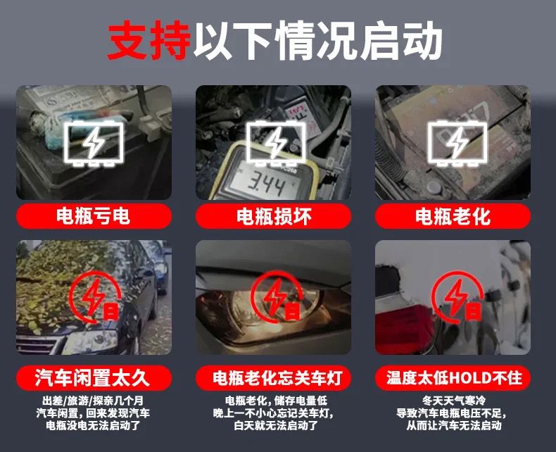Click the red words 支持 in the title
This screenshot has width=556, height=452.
(x=149, y=39)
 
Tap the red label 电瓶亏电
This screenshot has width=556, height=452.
(x=94, y=215)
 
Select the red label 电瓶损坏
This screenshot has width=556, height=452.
(x=273, y=215)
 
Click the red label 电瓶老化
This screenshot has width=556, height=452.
(x=453, y=215)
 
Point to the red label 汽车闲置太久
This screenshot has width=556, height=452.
(x=94, y=377)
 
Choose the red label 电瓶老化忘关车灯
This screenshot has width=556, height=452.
(x=273, y=377)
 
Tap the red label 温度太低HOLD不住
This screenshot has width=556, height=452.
(x=453, y=377)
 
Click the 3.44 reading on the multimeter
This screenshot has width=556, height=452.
(x=266, y=185)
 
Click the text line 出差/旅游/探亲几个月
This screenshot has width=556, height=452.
(x=93, y=401)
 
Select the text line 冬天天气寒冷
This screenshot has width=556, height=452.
(x=454, y=401)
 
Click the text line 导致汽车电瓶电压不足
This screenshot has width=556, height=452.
(x=450, y=413)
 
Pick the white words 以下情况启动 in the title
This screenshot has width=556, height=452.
(x=317, y=39)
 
